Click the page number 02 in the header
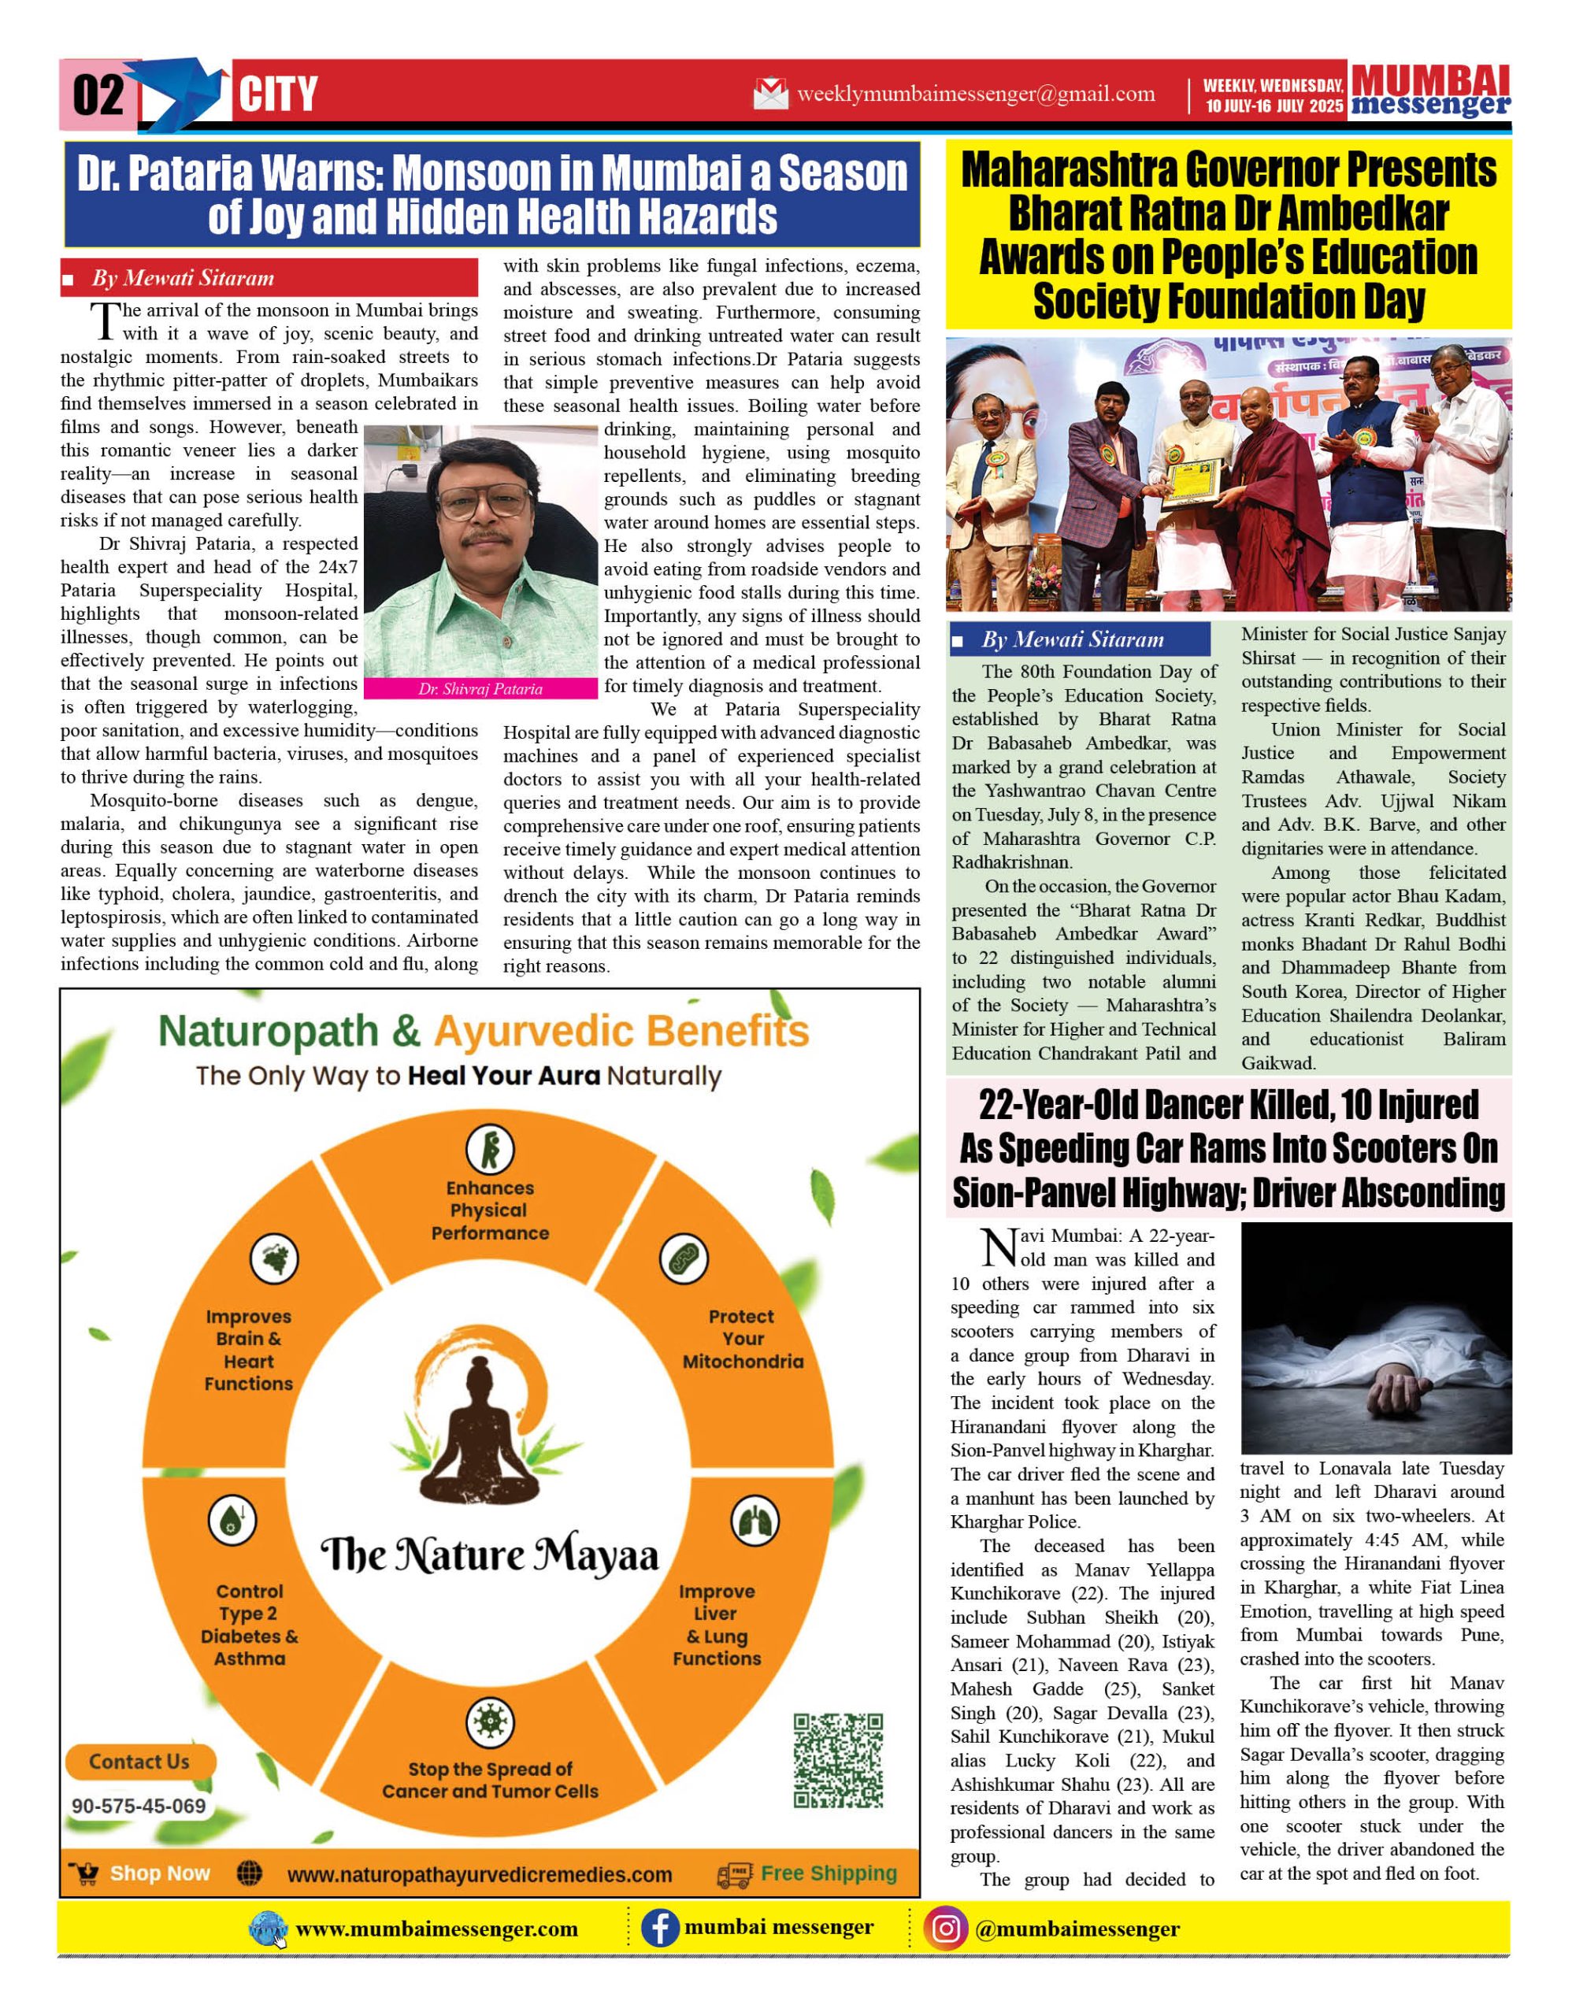coord(97,95)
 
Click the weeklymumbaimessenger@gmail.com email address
coord(976,93)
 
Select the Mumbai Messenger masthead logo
coord(1430,91)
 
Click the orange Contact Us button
coord(139,1761)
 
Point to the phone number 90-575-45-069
coord(139,1806)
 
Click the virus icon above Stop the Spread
coord(489,1721)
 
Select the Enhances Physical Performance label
coord(489,1210)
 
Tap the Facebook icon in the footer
coord(659,1929)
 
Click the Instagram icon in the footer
coord(945,1929)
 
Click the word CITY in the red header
coord(278,95)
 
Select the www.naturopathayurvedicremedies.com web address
coord(479,1875)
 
